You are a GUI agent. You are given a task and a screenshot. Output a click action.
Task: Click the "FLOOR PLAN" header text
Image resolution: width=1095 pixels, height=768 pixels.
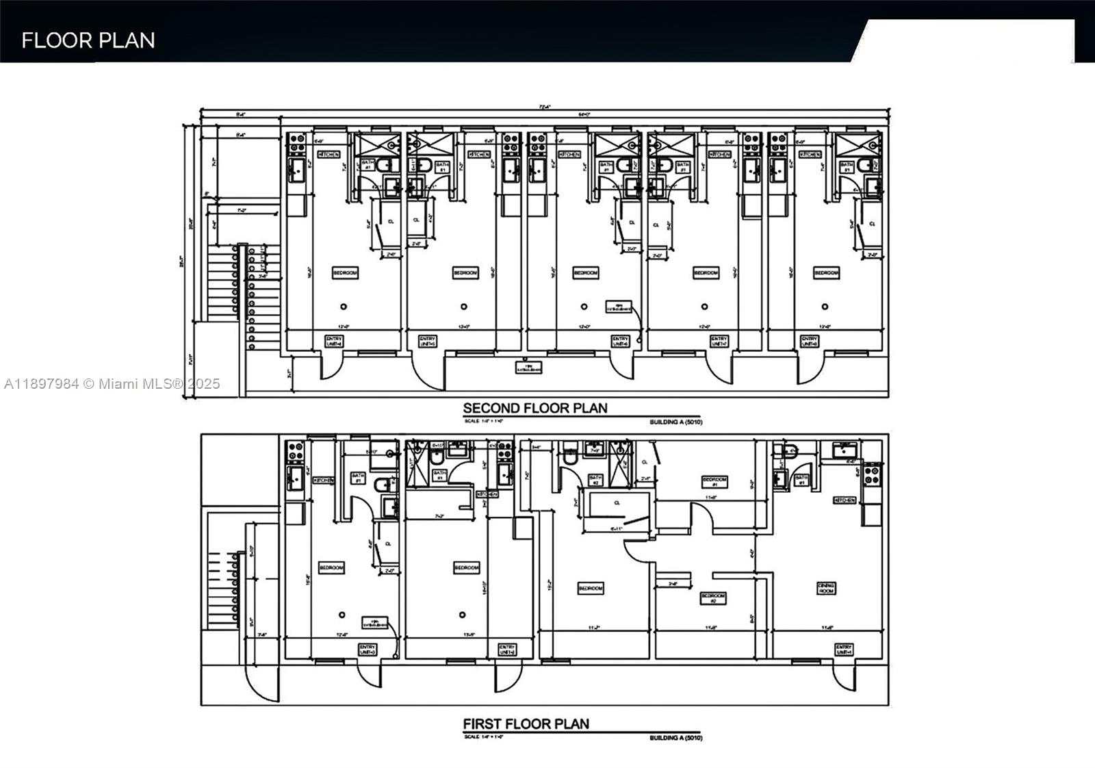tap(88, 40)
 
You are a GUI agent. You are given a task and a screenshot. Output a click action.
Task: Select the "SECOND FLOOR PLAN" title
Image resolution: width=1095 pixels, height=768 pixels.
tap(534, 409)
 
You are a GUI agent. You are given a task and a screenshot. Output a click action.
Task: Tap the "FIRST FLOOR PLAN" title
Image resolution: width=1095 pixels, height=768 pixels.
tap(526, 724)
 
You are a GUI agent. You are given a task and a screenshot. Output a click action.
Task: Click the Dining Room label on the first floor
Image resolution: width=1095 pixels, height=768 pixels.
tap(826, 588)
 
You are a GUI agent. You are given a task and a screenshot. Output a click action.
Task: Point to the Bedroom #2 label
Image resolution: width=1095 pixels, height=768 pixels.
tap(712, 598)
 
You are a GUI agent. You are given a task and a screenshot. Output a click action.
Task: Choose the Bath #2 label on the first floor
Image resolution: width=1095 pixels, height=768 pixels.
tap(595, 480)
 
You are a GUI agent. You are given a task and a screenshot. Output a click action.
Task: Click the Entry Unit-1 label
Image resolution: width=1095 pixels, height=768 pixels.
tap(844, 649)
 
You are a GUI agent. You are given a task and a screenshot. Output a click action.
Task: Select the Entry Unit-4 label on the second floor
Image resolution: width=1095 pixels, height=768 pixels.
tap(333, 341)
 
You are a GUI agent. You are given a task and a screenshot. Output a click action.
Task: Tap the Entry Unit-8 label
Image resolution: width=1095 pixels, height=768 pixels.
tap(809, 341)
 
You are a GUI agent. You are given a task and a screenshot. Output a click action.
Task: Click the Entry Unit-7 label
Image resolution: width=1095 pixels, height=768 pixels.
tap(719, 341)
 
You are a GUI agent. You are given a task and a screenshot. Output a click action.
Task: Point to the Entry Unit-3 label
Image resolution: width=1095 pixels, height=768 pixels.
tap(368, 649)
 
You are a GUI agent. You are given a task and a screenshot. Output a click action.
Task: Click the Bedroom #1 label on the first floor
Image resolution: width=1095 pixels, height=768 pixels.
tap(714, 481)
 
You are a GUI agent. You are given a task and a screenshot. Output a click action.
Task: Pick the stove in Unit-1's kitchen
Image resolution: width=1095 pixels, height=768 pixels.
tap(871, 472)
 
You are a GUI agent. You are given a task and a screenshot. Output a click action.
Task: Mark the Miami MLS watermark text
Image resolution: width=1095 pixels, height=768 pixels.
tap(112, 384)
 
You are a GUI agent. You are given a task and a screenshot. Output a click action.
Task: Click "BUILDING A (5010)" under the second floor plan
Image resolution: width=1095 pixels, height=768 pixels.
tap(675, 422)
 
